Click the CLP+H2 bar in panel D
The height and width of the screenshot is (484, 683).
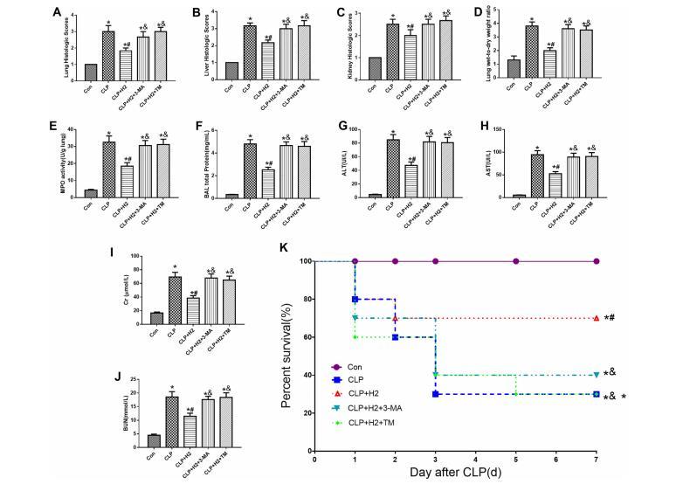click(x=553, y=66)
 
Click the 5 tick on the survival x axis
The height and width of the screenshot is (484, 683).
click(x=516, y=456)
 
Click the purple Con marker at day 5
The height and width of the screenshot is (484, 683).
click(x=516, y=261)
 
